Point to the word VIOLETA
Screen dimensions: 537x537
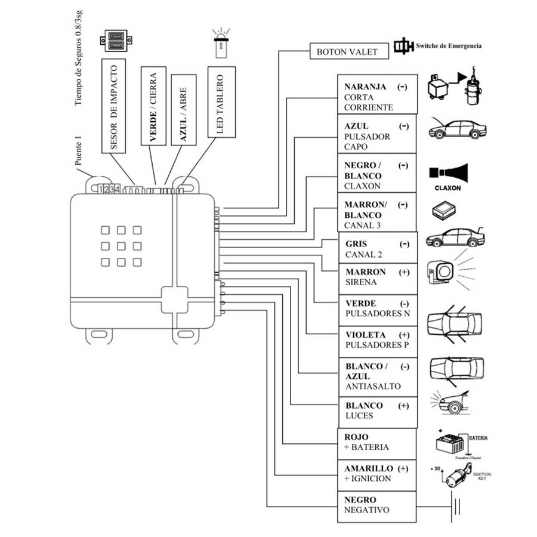(365, 335)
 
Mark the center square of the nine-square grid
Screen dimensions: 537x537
(121, 246)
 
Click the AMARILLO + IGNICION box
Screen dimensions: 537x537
(376, 474)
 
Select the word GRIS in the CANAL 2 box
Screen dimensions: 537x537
(356, 244)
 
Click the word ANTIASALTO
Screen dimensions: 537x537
(373, 386)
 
